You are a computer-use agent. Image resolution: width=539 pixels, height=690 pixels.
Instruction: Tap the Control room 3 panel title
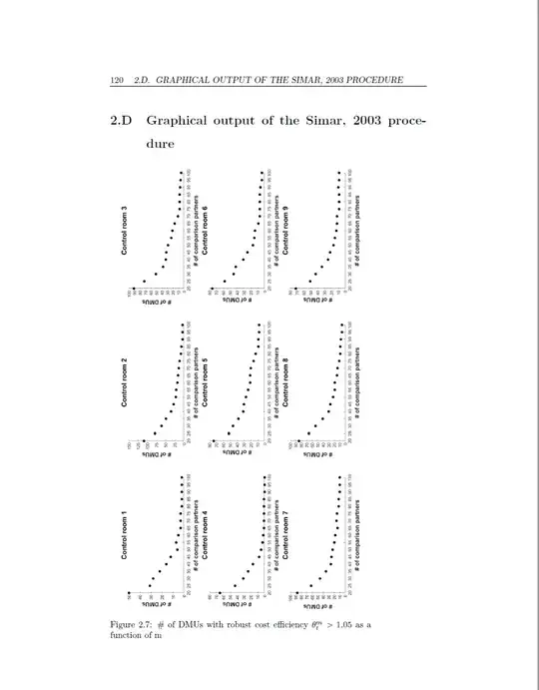click(x=126, y=232)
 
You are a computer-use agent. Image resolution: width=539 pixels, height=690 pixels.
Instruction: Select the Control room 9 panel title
click(x=285, y=232)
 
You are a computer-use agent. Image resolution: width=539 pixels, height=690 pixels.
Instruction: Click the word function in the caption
click(x=130, y=640)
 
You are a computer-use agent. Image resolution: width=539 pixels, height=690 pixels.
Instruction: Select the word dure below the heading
click(x=163, y=144)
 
